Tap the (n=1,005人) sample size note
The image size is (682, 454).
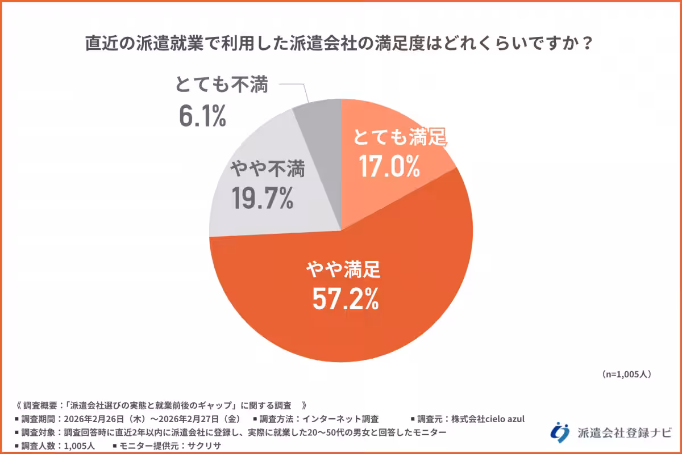pos(626,375)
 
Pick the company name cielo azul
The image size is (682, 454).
pos(502,419)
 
